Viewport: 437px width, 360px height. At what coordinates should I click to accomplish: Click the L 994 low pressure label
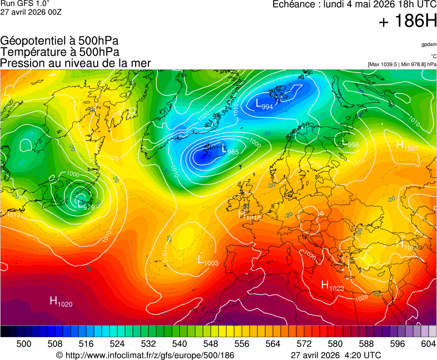(x=264, y=104)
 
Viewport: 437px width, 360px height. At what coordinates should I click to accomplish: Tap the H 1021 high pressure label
(x=407, y=146)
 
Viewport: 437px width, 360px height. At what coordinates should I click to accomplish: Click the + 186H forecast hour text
(x=408, y=21)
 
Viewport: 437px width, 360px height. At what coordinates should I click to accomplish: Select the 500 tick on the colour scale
(x=24, y=344)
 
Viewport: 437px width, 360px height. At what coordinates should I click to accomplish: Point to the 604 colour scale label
(x=428, y=344)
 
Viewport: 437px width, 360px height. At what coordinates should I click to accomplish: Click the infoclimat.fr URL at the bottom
(x=145, y=355)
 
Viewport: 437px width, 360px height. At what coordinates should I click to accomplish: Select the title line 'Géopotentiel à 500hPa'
(x=59, y=41)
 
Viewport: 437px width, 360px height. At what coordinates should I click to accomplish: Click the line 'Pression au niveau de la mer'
(x=76, y=63)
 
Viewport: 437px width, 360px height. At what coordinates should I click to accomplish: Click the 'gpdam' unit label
(x=428, y=44)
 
